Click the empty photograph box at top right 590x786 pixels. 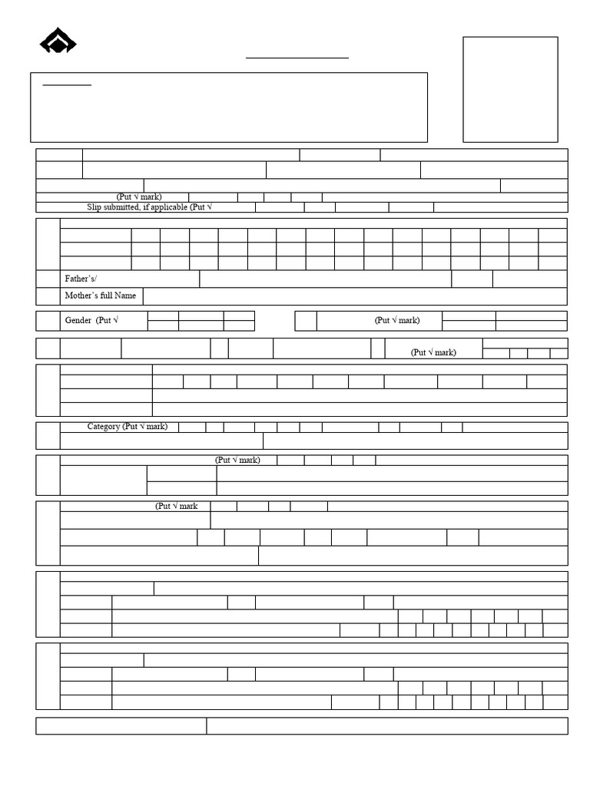click(510, 89)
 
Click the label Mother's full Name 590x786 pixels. click(101, 296)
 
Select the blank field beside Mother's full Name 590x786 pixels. click(354, 296)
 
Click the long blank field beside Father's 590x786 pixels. click(325, 279)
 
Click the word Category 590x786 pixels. click(104, 426)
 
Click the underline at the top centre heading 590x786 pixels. click(297, 58)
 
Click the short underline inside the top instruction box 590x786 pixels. click(67, 85)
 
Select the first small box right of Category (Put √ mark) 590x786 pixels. click(192, 427)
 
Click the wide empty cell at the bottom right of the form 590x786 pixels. click(386, 725)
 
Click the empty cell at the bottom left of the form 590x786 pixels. click(121, 725)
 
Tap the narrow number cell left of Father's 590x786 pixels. click(48, 279)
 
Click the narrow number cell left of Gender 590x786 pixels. click(48, 320)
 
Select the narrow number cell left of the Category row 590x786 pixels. click(48, 435)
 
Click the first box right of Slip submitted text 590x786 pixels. click(280, 207)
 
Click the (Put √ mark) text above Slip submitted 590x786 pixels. click(139, 197)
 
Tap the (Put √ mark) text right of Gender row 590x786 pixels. click(397, 320)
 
